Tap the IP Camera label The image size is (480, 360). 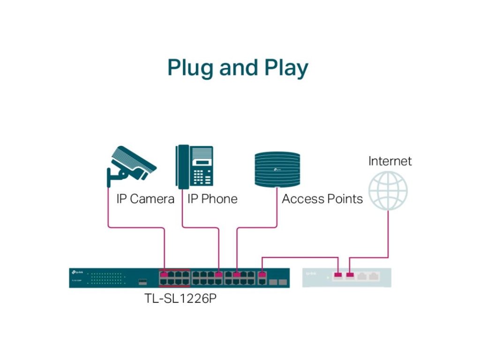(145, 199)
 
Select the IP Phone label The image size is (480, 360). (212, 199)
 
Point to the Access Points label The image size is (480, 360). (322, 199)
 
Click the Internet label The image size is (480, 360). (390, 161)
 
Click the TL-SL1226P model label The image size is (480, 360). (180, 299)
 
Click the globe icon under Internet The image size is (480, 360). (388, 190)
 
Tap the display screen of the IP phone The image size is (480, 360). (202, 162)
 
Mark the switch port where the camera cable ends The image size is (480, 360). (164, 274)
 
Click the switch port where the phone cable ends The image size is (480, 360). (219, 274)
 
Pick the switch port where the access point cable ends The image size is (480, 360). (237, 274)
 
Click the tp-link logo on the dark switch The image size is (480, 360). (77, 272)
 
